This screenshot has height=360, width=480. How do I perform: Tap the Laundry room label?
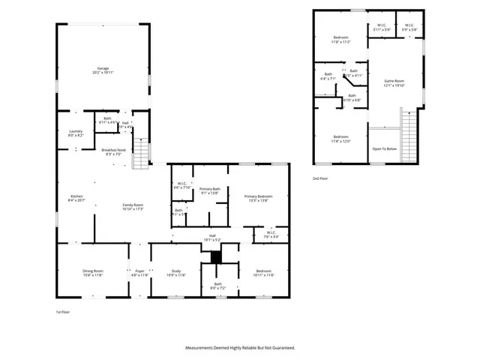(x=76, y=133)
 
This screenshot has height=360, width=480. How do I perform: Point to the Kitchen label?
(x=77, y=198)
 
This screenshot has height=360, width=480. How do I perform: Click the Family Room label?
(x=133, y=206)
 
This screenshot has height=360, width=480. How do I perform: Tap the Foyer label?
(x=139, y=273)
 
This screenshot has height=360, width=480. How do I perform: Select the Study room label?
(x=175, y=273)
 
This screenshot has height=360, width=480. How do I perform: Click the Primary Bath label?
(x=210, y=190)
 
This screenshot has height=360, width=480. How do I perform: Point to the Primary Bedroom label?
(x=258, y=198)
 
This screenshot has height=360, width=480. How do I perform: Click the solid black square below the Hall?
(x=217, y=256)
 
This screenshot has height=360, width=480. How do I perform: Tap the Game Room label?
(x=394, y=82)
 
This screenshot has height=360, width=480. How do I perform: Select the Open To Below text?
(x=384, y=148)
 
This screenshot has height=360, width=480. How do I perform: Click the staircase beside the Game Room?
(x=409, y=135)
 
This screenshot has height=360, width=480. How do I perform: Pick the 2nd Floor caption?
(x=320, y=178)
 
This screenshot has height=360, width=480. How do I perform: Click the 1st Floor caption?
(x=64, y=311)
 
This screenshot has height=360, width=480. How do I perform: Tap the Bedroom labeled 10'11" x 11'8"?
(x=263, y=273)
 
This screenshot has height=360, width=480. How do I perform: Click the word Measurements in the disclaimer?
(x=205, y=348)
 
